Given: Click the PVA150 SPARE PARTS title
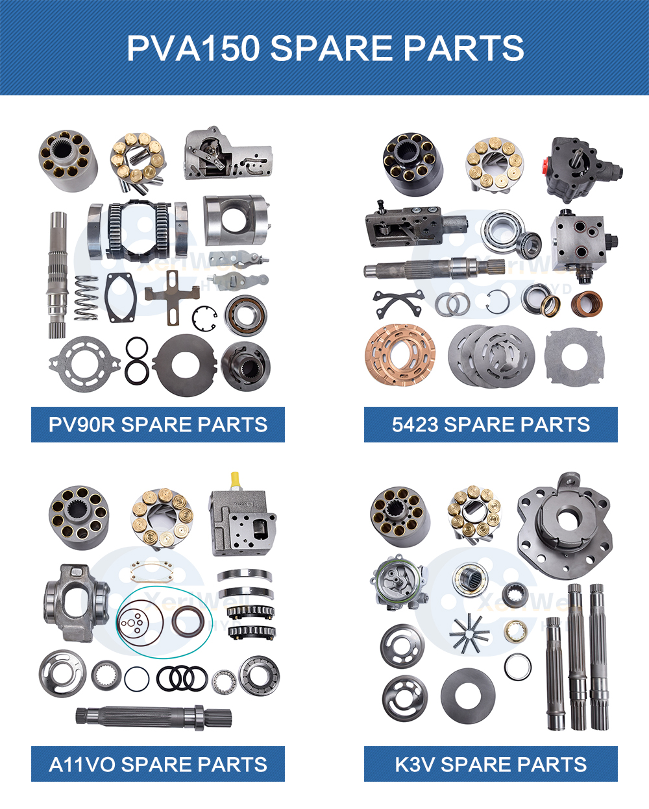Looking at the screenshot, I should pos(324,49).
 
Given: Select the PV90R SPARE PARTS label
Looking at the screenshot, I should pos(158,424).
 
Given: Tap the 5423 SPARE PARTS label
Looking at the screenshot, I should pos(491,424).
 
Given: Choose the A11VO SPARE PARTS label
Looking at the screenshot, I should pos(158,764).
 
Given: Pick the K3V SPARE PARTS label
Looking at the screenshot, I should pos(491,764).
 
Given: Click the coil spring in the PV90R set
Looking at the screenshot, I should pos(86,298).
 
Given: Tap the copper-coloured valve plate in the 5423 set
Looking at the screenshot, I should pos(400,354).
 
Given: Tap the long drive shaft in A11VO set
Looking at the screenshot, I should pos(153,716).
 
